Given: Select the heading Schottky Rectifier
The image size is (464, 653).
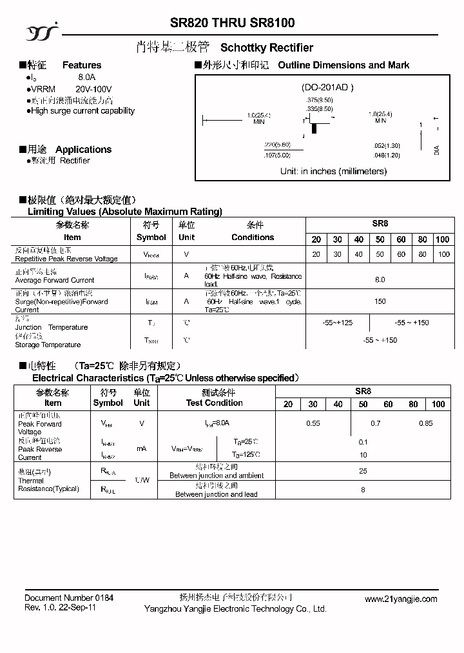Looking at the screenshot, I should tap(267, 48).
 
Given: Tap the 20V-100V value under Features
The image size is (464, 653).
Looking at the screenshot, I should tap(93, 89).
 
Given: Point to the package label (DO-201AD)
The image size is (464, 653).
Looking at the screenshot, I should tap(327, 87).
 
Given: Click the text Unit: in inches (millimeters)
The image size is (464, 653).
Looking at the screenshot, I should tap(333, 171).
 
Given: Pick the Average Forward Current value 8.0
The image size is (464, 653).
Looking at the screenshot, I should tap(380, 279).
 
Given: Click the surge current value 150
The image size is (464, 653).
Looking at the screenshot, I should tap(380, 301).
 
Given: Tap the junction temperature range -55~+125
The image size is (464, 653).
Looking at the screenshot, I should tap(338, 323).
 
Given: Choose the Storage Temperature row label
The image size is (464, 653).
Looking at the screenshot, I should tap(48, 345).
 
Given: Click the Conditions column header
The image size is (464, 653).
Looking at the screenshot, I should tap(253, 237).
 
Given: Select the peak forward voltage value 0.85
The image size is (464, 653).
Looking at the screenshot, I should tap(426, 423).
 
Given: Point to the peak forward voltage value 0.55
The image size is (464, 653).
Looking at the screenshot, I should tap(313, 423).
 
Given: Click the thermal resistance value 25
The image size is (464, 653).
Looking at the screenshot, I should tap(363, 471).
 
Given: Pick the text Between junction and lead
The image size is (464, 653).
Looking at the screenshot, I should tap(216, 494).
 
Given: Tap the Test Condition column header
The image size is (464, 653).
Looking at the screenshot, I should tap(215, 403).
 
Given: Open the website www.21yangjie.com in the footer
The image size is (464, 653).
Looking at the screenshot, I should tap(401, 599).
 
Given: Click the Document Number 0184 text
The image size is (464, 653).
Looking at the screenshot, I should tap(69, 598).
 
